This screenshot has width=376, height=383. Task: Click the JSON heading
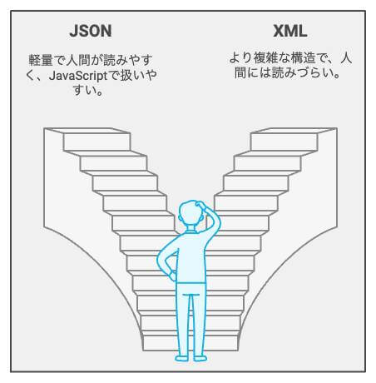coord(91,31)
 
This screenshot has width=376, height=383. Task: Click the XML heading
coord(290,31)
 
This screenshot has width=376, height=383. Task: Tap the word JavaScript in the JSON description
coord(77,76)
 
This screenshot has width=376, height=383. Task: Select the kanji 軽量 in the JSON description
coord(41,60)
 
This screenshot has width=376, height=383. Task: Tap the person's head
coord(190,213)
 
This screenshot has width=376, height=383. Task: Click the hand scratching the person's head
coord(200,205)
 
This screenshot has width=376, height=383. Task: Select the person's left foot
coord(182,358)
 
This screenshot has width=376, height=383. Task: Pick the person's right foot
coord(200,358)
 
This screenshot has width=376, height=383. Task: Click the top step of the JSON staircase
coord(97,142)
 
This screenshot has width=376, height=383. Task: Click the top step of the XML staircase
coord(284,142)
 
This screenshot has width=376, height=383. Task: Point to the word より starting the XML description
coord(240,58)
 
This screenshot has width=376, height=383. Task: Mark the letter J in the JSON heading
coord(74,31)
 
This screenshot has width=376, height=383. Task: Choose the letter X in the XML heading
coord(279,31)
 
